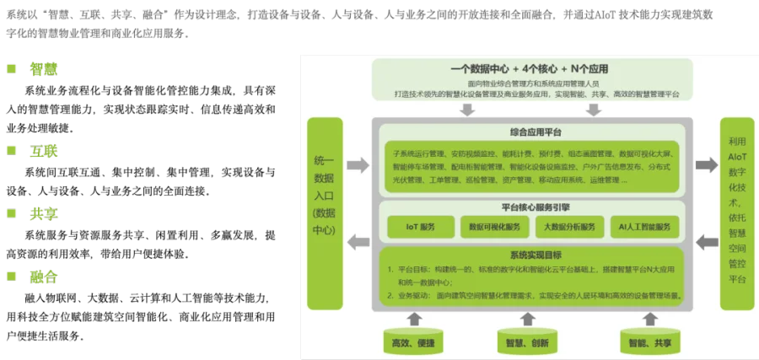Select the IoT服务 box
click(x=420, y=227)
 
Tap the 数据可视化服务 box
click(x=493, y=227)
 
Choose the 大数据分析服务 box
click(x=569, y=227)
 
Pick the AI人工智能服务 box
click(x=643, y=227)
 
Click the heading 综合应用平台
click(x=535, y=132)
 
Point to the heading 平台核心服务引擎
click(x=535, y=207)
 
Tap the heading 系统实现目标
click(x=535, y=255)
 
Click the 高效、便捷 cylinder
click(x=413, y=341)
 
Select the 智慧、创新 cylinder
click(x=528, y=341)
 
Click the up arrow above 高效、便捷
click(x=413, y=318)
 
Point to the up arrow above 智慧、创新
click(x=528, y=318)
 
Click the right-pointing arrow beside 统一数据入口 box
click(x=358, y=165)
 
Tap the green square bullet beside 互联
click(x=12, y=150)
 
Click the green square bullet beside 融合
click(x=12, y=276)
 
